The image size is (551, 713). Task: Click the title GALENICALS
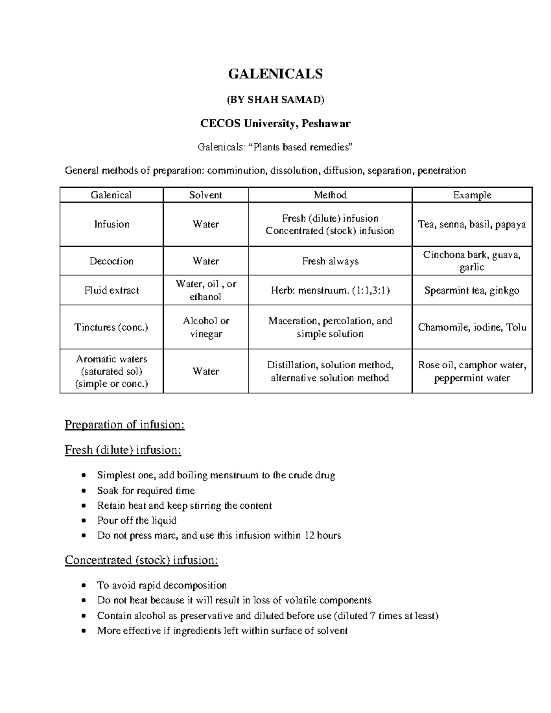(275, 73)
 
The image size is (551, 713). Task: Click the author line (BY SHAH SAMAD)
(275, 100)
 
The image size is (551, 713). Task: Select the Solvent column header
(206, 195)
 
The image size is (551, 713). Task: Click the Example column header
(472, 195)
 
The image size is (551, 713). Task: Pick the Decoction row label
(112, 261)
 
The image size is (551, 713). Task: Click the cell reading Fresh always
(330, 261)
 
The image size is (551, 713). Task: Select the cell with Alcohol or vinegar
(206, 327)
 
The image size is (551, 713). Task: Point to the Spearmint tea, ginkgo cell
(472, 291)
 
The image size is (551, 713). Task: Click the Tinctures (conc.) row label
(112, 327)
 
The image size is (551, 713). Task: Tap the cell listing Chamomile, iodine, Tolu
(472, 327)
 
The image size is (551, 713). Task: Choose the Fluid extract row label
(112, 291)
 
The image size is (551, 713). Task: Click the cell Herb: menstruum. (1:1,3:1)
(330, 291)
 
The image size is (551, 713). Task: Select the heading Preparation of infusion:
(124, 425)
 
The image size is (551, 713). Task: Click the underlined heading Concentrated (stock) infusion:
(141, 560)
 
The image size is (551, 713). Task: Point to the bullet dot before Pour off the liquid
(83, 521)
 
